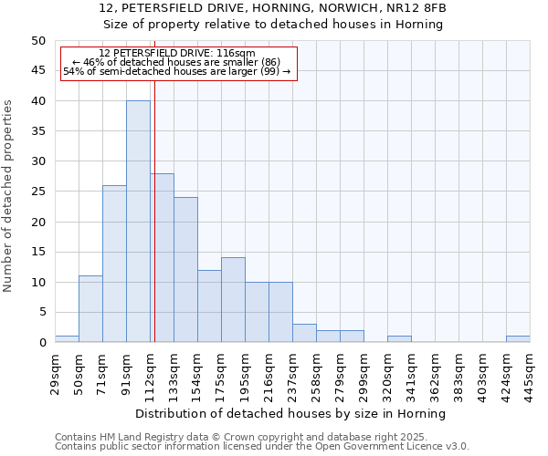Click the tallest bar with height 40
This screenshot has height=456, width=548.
point(138,222)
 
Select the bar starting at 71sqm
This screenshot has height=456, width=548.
point(114,264)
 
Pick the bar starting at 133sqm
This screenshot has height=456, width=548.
point(185,270)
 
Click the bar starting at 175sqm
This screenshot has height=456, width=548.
point(233,300)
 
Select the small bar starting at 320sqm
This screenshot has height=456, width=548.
point(399,339)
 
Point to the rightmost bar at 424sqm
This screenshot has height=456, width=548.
point(518,339)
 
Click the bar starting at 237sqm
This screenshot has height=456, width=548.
point(304,334)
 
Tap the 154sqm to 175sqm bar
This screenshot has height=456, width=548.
point(209,306)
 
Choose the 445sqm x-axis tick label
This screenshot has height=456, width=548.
point(530,372)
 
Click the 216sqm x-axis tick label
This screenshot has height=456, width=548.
point(269,372)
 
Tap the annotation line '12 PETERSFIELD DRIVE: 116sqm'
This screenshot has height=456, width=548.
point(177,54)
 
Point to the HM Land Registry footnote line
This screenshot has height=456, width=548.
point(248,437)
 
